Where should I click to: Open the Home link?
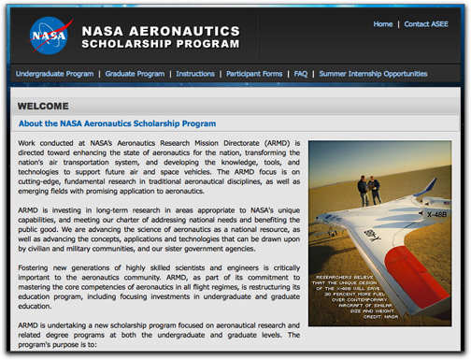383,24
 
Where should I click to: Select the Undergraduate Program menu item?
54,74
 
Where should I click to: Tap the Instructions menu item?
195,74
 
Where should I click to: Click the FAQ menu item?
301,74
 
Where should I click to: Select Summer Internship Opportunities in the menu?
373,74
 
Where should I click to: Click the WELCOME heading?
43,107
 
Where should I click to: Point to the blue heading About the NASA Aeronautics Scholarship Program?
117,123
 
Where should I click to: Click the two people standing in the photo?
368,190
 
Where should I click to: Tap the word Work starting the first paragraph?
28,144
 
